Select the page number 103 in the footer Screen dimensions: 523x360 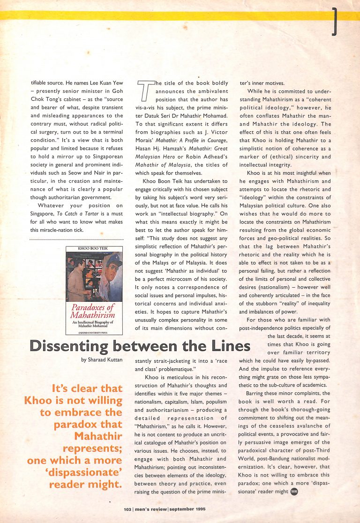point(127,508)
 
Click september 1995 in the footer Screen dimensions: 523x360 point(187,508)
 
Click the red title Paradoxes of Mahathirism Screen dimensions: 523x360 point(94,311)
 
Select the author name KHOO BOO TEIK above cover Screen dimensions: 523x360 point(94,249)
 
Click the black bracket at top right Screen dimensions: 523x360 point(334,22)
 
